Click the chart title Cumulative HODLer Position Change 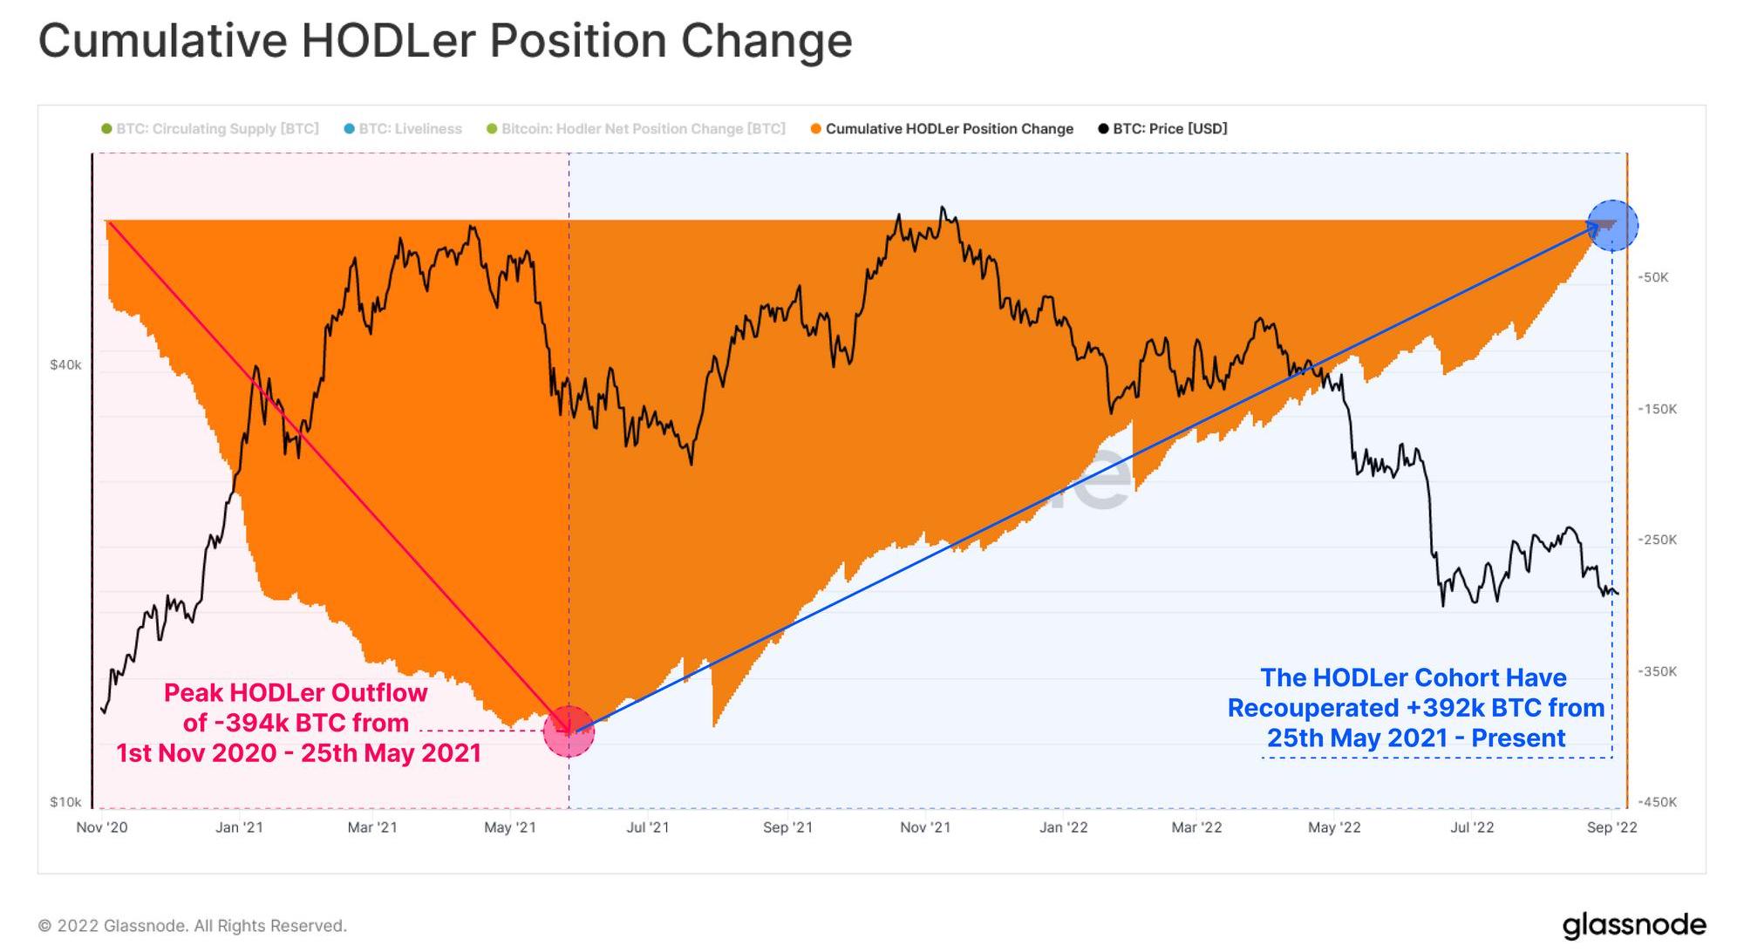[x=445, y=41]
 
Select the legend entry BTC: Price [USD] [x=1168, y=129]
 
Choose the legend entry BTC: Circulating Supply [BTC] [x=216, y=129]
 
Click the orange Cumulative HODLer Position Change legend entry [x=949, y=129]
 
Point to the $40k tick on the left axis [x=65, y=365]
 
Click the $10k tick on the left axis [x=65, y=802]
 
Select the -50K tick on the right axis [x=1652, y=278]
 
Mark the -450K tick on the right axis [x=1657, y=802]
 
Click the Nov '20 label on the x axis [x=102, y=827]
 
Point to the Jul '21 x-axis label [x=648, y=827]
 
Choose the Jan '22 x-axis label [x=1063, y=827]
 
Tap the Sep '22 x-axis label [x=1611, y=827]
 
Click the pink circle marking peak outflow [x=569, y=731]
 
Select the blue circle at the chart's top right [x=1612, y=226]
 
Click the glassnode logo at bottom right [x=1633, y=925]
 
